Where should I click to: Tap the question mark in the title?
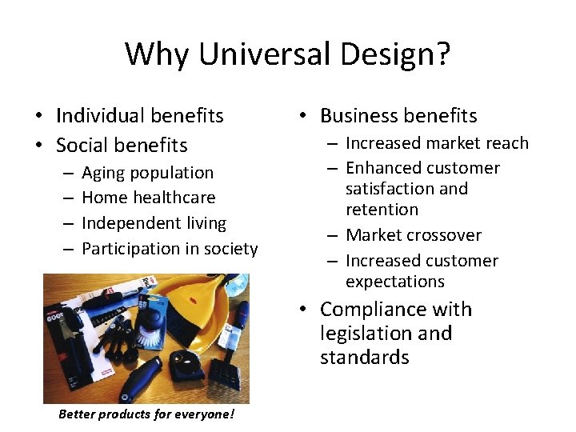coord(442,54)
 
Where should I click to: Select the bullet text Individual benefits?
coord(139,116)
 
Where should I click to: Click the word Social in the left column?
coord(85,146)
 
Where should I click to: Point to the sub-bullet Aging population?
coord(147,173)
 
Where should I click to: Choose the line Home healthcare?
coord(148,198)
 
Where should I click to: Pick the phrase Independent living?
coord(154,223)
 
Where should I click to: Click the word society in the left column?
coord(230,249)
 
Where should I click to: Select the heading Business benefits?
coord(398,116)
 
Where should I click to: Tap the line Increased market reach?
coord(437,143)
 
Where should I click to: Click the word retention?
coord(382,210)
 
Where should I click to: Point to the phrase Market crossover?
coord(413,235)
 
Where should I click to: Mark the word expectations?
coord(394,282)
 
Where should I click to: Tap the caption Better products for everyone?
coord(146,414)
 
